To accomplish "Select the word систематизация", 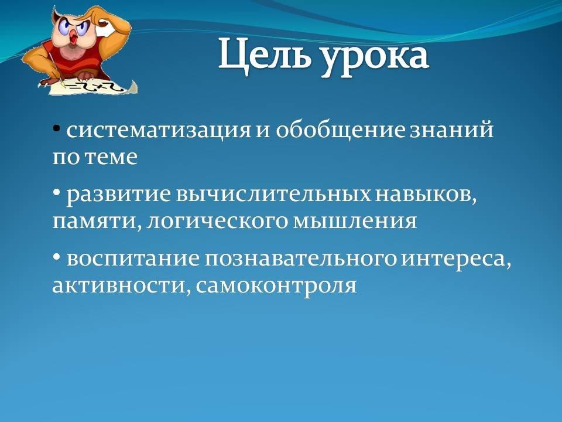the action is [x=159, y=130].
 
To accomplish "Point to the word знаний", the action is [x=452, y=130].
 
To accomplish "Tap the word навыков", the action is [x=427, y=195].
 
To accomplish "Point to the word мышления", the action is [x=355, y=222].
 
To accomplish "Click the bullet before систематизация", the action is [x=56, y=128].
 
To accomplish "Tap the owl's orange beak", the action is [x=74, y=38].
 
